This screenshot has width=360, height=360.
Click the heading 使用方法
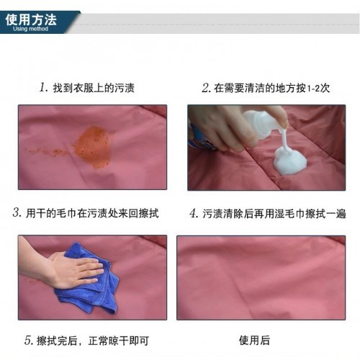(31, 19)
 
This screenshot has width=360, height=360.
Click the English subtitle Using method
(30, 29)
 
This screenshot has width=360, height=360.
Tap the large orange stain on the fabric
(92, 147)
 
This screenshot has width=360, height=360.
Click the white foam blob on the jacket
(290, 160)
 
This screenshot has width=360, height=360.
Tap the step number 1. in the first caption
(44, 87)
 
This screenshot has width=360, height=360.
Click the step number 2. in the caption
(207, 88)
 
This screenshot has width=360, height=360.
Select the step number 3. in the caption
(17, 212)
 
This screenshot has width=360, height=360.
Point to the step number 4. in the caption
(194, 213)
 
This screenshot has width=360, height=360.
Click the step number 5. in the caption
(29, 341)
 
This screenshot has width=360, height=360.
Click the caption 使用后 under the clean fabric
(254, 340)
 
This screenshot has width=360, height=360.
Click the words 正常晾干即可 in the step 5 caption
(119, 341)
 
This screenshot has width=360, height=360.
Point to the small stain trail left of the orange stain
(48, 152)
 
